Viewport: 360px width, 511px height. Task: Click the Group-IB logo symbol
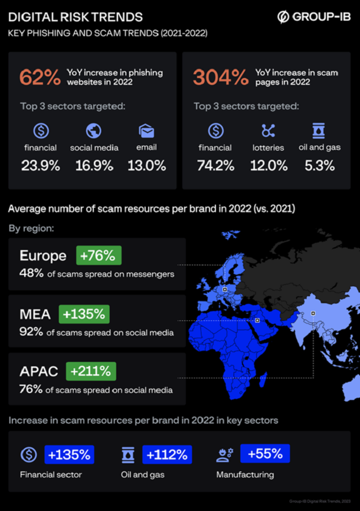click(x=283, y=17)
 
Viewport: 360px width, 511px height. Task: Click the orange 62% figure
click(x=39, y=77)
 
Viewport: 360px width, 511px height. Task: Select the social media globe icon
click(x=93, y=130)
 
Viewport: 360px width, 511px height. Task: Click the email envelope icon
click(x=146, y=130)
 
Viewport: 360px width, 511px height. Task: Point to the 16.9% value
click(x=94, y=166)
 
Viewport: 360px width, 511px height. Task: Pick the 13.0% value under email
click(x=147, y=166)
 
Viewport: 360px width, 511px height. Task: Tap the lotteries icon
click(x=269, y=130)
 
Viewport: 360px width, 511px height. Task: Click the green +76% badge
click(x=99, y=255)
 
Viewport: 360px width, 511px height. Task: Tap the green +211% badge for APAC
click(x=91, y=371)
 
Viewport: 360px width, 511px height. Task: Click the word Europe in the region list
click(x=42, y=256)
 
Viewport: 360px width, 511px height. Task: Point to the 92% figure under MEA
click(x=31, y=332)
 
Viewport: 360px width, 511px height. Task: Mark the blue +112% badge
click(x=168, y=454)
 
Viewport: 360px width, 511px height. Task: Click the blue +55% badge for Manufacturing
click(x=265, y=454)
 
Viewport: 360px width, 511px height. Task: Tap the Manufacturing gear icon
click(x=225, y=454)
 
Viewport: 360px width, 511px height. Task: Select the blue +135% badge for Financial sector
click(x=70, y=454)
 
